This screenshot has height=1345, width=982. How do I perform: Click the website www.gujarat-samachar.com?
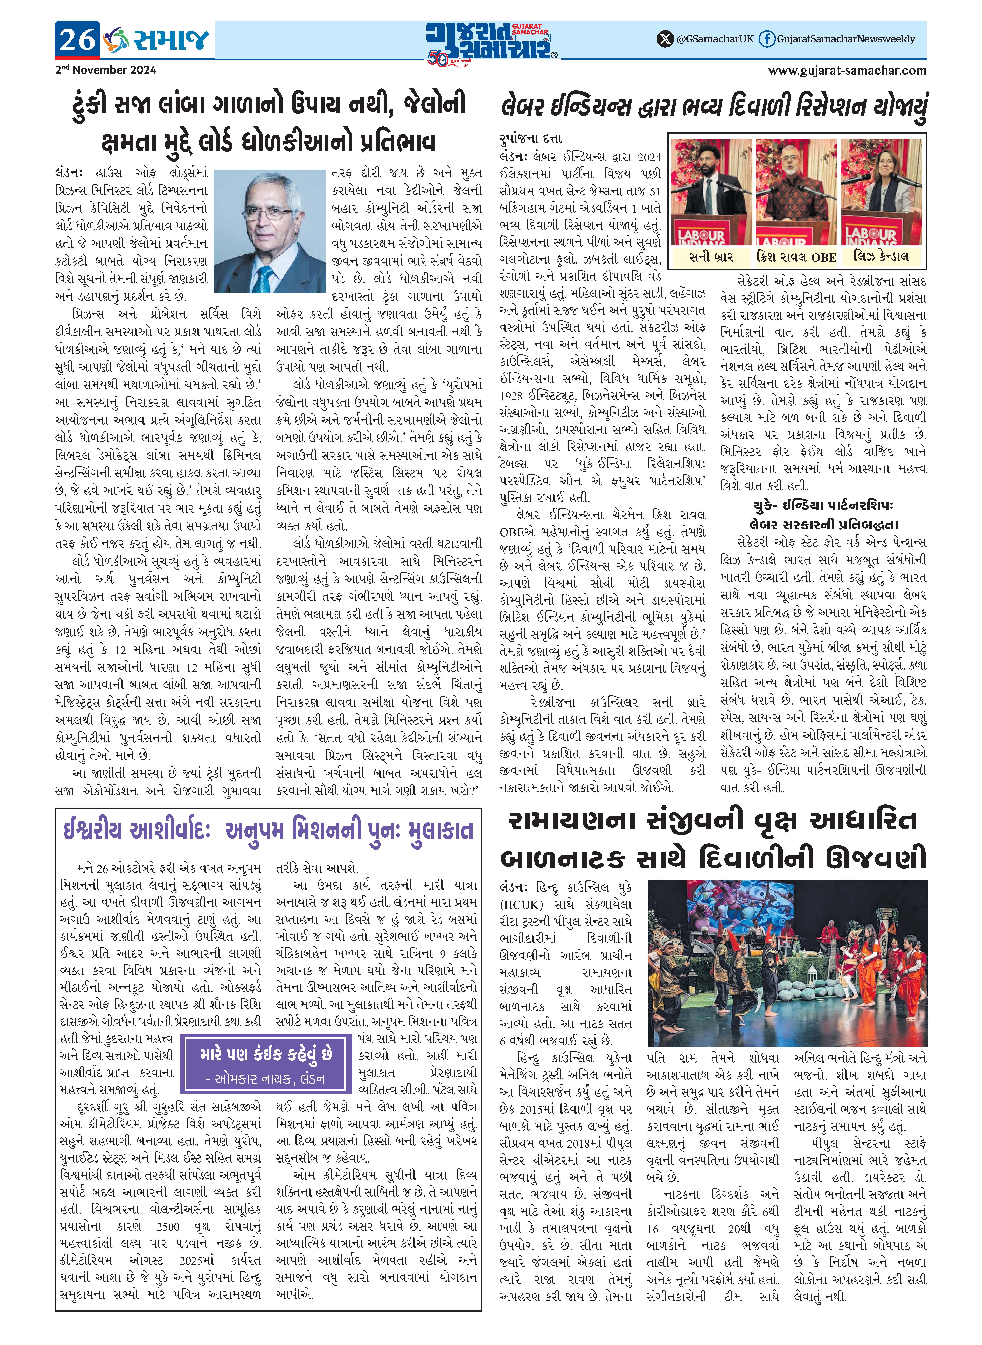847,70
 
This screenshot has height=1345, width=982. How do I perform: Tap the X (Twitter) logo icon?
665,39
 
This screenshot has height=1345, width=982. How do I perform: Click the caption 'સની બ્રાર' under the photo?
711,257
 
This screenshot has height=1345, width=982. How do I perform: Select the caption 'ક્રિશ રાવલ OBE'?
796,257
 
